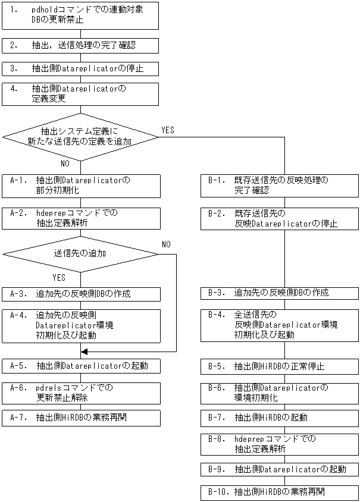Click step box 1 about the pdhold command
[x=81, y=15]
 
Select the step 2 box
[x=81, y=45]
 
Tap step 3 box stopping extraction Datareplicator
[x=81, y=68]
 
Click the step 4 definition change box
[x=81, y=93]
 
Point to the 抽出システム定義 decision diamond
[x=81, y=137]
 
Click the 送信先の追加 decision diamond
[x=81, y=253]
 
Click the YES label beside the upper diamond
[x=168, y=130]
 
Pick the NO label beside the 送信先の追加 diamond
[x=166, y=244]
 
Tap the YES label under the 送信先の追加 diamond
[x=60, y=278]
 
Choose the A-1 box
[x=81, y=185]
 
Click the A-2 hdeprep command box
[x=81, y=217]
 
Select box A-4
[x=81, y=325]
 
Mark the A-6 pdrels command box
[x=81, y=393]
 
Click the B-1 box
[x=280, y=185]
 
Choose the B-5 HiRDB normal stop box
[x=280, y=366]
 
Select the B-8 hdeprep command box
[x=280, y=444]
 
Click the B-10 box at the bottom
[x=280, y=492]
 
